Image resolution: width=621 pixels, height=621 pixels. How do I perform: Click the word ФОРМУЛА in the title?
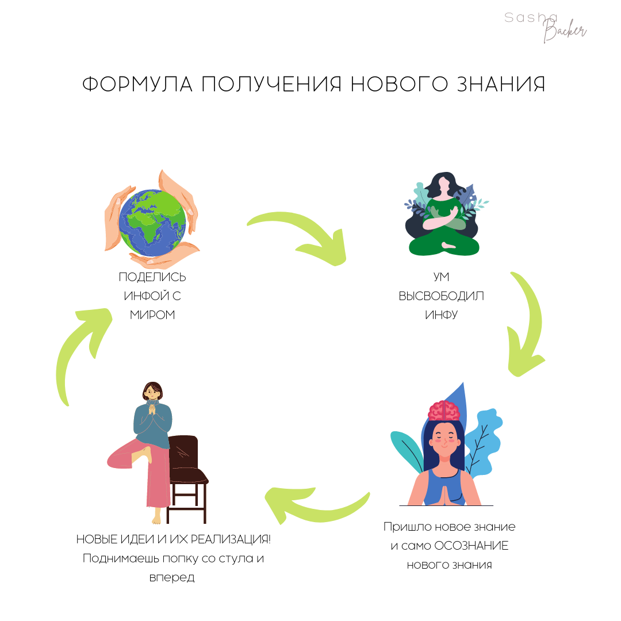coord(137,85)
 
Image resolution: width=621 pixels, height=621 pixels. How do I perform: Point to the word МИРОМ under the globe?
coord(152,315)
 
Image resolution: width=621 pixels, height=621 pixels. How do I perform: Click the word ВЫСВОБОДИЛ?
coord(442,296)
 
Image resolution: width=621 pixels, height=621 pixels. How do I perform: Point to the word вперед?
coord(171,577)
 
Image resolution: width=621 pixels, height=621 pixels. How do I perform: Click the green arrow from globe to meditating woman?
coord(299,236)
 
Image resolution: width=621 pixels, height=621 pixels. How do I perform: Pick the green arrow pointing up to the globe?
coord(80,351)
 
